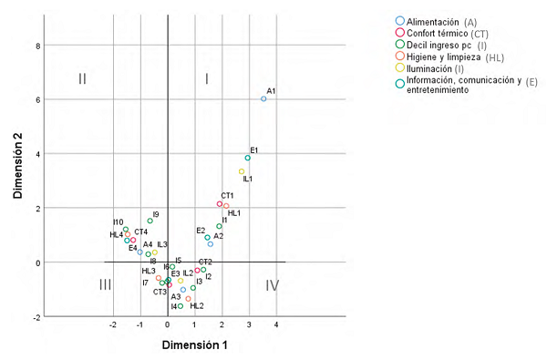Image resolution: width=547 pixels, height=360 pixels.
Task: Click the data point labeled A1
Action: (x=263, y=98)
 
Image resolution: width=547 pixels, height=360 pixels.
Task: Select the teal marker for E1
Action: (x=247, y=158)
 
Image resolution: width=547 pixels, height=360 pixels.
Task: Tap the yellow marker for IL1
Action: (x=242, y=171)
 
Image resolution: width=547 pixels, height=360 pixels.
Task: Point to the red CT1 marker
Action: (x=220, y=204)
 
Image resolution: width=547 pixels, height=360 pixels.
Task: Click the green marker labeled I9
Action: (x=150, y=221)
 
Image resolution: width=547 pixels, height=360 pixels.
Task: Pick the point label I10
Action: (x=119, y=222)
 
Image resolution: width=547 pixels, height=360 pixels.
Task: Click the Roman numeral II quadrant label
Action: (x=82, y=79)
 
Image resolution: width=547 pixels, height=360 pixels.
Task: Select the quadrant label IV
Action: (x=272, y=285)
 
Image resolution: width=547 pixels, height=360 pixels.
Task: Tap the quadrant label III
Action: (x=106, y=285)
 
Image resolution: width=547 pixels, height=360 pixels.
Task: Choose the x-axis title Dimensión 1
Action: (x=195, y=345)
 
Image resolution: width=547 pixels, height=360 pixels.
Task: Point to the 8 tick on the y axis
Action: (x=38, y=45)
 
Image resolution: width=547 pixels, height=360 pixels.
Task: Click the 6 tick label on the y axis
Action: (x=38, y=99)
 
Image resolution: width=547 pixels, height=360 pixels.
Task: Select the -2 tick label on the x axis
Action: (x=113, y=324)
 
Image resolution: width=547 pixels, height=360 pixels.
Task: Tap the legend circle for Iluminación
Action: (x=400, y=68)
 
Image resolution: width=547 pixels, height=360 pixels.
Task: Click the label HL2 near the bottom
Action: (x=197, y=306)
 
